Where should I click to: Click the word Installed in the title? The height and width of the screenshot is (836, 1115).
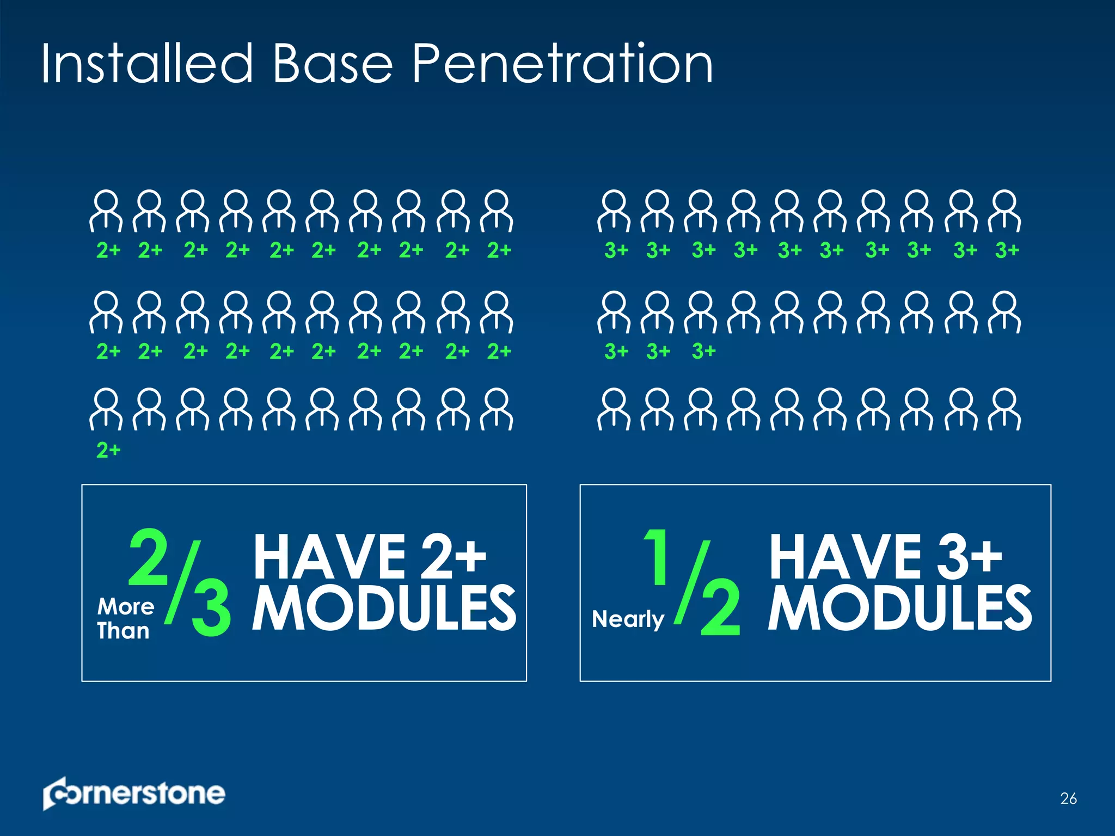[147, 64]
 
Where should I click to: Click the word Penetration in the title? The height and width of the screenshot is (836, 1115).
[562, 64]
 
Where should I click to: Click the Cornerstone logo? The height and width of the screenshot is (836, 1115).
[134, 794]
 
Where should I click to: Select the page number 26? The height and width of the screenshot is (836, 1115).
[1068, 798]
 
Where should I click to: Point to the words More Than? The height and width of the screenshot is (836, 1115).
[125, 618]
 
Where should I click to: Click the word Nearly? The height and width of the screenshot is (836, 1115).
[628, 619]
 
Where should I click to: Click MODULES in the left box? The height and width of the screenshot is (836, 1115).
[384, 608]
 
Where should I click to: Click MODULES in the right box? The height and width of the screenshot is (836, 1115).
[899, 608]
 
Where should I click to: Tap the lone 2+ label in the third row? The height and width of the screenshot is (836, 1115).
[108, 450]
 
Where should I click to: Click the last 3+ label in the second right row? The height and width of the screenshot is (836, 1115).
[703, 351]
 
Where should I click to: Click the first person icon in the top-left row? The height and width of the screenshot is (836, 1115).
[106, 211]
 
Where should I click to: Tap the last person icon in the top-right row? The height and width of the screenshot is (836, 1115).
[1005, 211]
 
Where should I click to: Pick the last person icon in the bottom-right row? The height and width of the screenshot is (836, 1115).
[1005, 409]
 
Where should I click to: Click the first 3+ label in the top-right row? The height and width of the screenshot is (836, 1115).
[616, 250]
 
